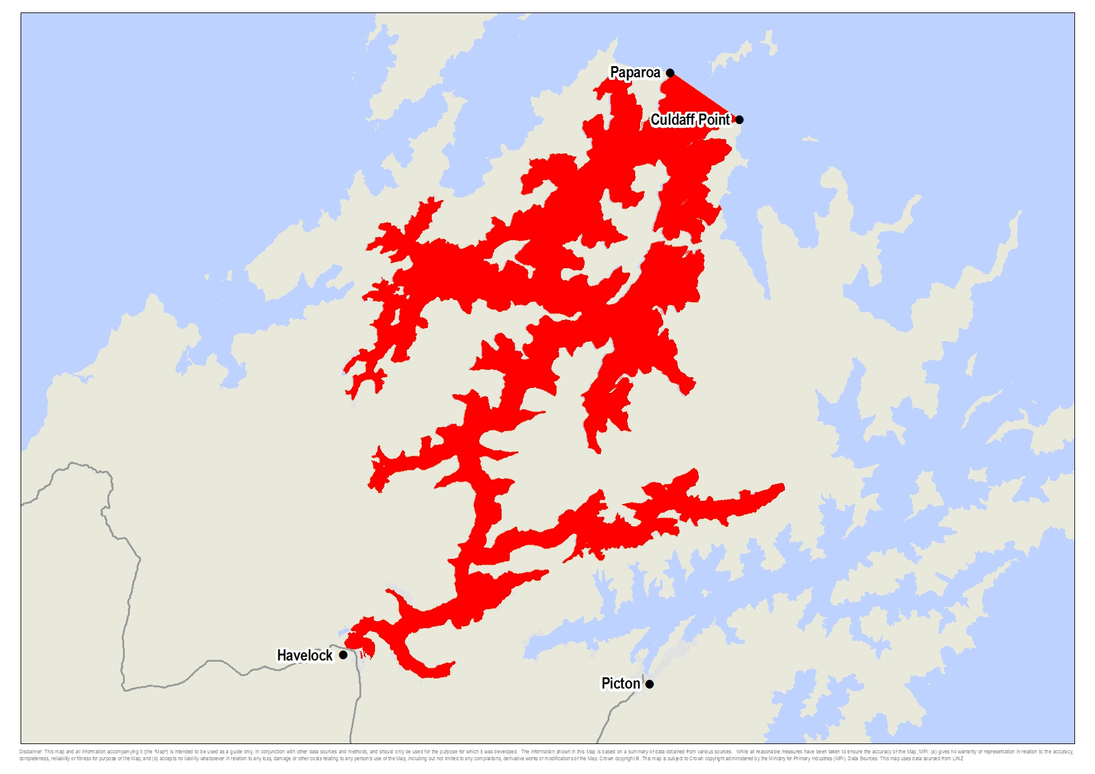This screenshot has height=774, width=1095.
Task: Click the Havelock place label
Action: (x=304, y=655)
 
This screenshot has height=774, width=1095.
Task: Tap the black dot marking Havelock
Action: (x=343, y=655)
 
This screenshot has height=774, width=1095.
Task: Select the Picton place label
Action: (x=620, y=684)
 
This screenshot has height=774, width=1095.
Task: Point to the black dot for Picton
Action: (x=650, y=684)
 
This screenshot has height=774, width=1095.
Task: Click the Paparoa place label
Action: (x=635, y=72)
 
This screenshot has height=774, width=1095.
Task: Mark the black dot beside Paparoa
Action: (x=670, y=73)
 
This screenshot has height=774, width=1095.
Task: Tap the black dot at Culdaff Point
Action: (x=739, y=120)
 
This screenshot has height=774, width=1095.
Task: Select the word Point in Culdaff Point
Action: (x=714, y=119)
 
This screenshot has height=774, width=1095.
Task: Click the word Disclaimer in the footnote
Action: (x=31, y=752)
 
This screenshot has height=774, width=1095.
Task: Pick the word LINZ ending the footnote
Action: (x=958, y=758)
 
